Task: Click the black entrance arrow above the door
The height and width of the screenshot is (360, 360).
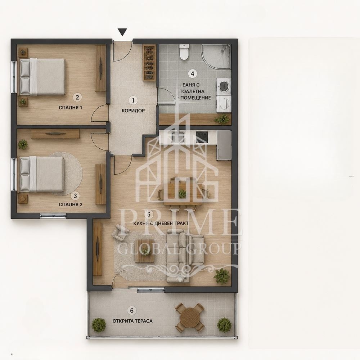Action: [123, 32]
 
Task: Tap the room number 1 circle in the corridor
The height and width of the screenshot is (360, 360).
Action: [133, 100]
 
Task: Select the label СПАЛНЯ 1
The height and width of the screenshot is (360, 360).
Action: [71, 107]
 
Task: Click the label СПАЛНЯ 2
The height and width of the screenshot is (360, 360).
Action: [71, 204]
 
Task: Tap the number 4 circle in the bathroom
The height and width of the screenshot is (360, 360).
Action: [192, 73]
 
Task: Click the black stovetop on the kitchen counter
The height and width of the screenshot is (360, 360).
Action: [202, 136]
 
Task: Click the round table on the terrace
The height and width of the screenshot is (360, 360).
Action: [190, 318]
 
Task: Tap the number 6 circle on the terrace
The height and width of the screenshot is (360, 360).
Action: [132, 311]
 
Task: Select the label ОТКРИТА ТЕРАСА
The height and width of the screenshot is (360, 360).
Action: [132, 321]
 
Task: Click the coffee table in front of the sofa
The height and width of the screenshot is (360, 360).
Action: [144, 251]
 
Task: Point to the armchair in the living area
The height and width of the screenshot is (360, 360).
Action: [120, 232]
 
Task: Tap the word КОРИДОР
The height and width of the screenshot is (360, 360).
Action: [133, 111]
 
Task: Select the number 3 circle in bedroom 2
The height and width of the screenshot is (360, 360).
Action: [75, 196]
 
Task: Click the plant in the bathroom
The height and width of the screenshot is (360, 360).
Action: [222, 119]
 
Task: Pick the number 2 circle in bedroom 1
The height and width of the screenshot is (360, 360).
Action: [77, 97]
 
